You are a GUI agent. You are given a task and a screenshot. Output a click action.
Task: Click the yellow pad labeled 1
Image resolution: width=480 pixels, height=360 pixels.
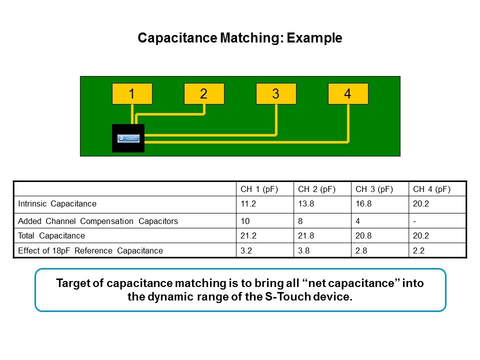coord(131,94)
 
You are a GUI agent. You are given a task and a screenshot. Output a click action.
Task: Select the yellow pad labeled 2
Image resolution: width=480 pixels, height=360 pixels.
coord(204,94)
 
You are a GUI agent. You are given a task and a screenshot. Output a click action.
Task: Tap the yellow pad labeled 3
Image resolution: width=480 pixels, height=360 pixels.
coord(276,94)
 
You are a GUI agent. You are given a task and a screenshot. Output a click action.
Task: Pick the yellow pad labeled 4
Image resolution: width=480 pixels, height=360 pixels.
coord(348,94)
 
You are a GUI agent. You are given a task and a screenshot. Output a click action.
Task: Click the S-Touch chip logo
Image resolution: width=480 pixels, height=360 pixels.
coord(128,138)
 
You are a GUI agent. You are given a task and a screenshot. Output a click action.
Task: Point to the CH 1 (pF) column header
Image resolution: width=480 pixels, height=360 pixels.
coord(259,189)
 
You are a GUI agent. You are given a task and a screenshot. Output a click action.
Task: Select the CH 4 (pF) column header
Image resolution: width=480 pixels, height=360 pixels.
coord(431,189)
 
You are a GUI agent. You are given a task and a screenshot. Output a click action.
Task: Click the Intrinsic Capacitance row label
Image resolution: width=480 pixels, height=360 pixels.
coord(57,204)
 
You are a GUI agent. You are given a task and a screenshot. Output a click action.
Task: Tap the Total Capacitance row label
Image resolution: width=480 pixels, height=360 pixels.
coord(51,235)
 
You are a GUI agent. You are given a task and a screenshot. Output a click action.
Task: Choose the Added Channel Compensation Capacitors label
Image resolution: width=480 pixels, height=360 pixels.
coord(98,220)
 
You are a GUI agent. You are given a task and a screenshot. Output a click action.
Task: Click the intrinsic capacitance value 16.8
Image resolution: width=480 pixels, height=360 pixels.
coord(362,204)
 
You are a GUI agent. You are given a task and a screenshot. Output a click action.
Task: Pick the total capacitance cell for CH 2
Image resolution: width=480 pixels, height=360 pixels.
coord(305,235)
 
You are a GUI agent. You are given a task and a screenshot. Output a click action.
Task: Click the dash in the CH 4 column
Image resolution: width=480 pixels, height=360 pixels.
coord(414,220)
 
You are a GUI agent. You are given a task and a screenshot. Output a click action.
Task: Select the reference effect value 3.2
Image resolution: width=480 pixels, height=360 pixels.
coord(246,250)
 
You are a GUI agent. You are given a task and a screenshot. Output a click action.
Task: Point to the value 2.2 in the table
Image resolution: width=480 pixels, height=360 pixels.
coord(418,250)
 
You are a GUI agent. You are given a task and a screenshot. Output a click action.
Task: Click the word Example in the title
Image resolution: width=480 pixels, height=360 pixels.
coord(314,38)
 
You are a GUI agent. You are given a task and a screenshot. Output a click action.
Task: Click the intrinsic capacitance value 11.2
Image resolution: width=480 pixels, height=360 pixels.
coord(247,204)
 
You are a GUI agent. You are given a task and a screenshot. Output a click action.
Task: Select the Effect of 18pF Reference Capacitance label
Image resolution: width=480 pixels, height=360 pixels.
coord(90,250)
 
